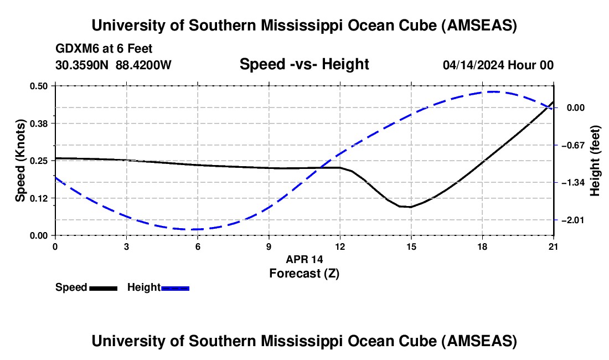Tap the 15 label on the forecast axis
click(411, 246)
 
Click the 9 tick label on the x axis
click(269, 246)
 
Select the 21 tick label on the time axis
click(553, 246)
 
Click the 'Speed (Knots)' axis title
click(20, 161)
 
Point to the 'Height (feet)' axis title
click(595, 161)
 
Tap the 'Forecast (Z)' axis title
click(304, 273)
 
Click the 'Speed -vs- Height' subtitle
click(304, 65)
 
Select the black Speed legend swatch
click(103, 287)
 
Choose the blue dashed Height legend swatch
click(176, 287)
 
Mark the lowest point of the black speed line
click(410, 207)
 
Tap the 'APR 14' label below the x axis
click(304, 259)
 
